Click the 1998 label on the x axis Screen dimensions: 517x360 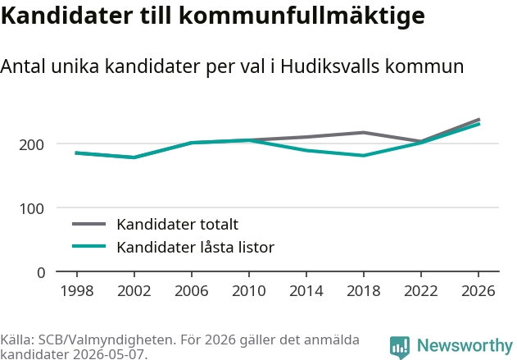(77, 290)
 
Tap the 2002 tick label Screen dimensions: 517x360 (134, 290)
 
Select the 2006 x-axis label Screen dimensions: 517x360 (192, 290)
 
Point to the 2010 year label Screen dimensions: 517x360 (249, 290)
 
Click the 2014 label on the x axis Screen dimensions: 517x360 (306, 290)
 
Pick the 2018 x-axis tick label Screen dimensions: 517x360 (364, 290)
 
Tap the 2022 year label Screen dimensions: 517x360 (421, 290)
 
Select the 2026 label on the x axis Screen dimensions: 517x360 (478, 290)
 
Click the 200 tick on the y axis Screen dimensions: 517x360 (31, 144)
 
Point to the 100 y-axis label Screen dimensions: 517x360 (31, 208)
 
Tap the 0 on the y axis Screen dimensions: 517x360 (41, 272)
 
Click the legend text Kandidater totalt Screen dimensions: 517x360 (178, 225)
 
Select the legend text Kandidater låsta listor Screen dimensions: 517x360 (196, 247)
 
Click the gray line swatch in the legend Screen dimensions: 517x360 (89, 224)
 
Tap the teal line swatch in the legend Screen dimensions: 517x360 (89, 246)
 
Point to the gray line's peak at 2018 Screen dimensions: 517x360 (363, 133)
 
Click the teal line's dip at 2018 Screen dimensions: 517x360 (363, 156)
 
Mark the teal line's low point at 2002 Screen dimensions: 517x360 (134, 157)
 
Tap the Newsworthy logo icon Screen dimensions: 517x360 (400, 347)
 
